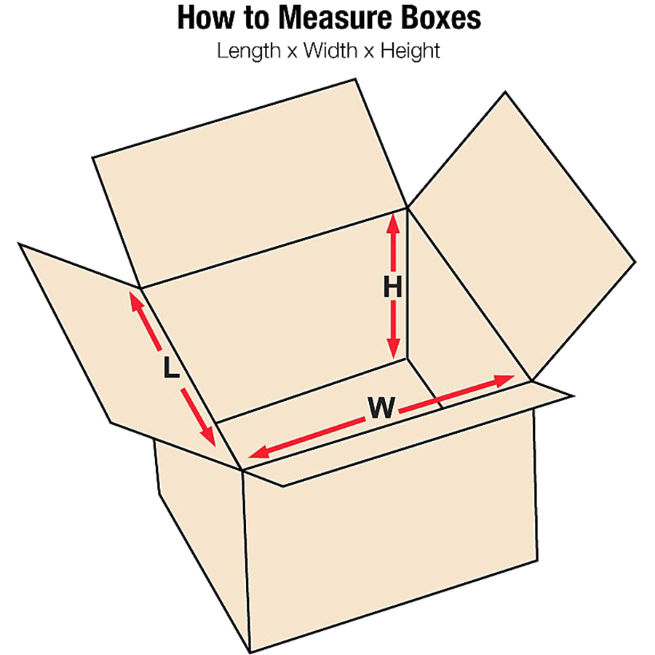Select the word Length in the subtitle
tap(249, 51)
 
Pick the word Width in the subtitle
tap(330, 50)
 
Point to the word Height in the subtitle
tap(410, 51)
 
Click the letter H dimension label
tap(393, 287)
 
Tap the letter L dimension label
tap(170, 368)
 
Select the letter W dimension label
tap(381, 408)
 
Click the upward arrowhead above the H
tap(393, 224)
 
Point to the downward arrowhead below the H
tap(393, 348)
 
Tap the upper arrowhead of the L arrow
tap(137, 301)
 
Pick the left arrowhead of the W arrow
tap(259, 452)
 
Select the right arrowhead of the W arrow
tap(504, 380)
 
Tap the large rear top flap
tap(250, 184)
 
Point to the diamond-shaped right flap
tap(522, 236)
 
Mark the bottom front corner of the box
tap(250, 652)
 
